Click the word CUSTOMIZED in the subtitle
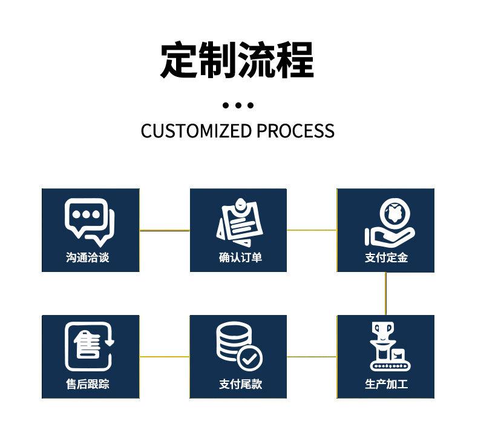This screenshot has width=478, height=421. point(195,130)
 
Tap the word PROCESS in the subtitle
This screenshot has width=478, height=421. point(295,130)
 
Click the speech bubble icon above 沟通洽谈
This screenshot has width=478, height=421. point(89,220)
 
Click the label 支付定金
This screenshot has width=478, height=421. point(386,257)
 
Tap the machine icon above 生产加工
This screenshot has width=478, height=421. point(387,346)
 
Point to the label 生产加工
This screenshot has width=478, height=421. point(386,384)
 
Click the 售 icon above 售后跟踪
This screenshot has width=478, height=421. point(89,345)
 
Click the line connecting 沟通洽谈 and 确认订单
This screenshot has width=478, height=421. point(165,230)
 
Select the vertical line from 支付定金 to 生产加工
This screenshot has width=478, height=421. point(385,293)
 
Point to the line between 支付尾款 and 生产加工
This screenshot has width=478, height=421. point(312,357)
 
